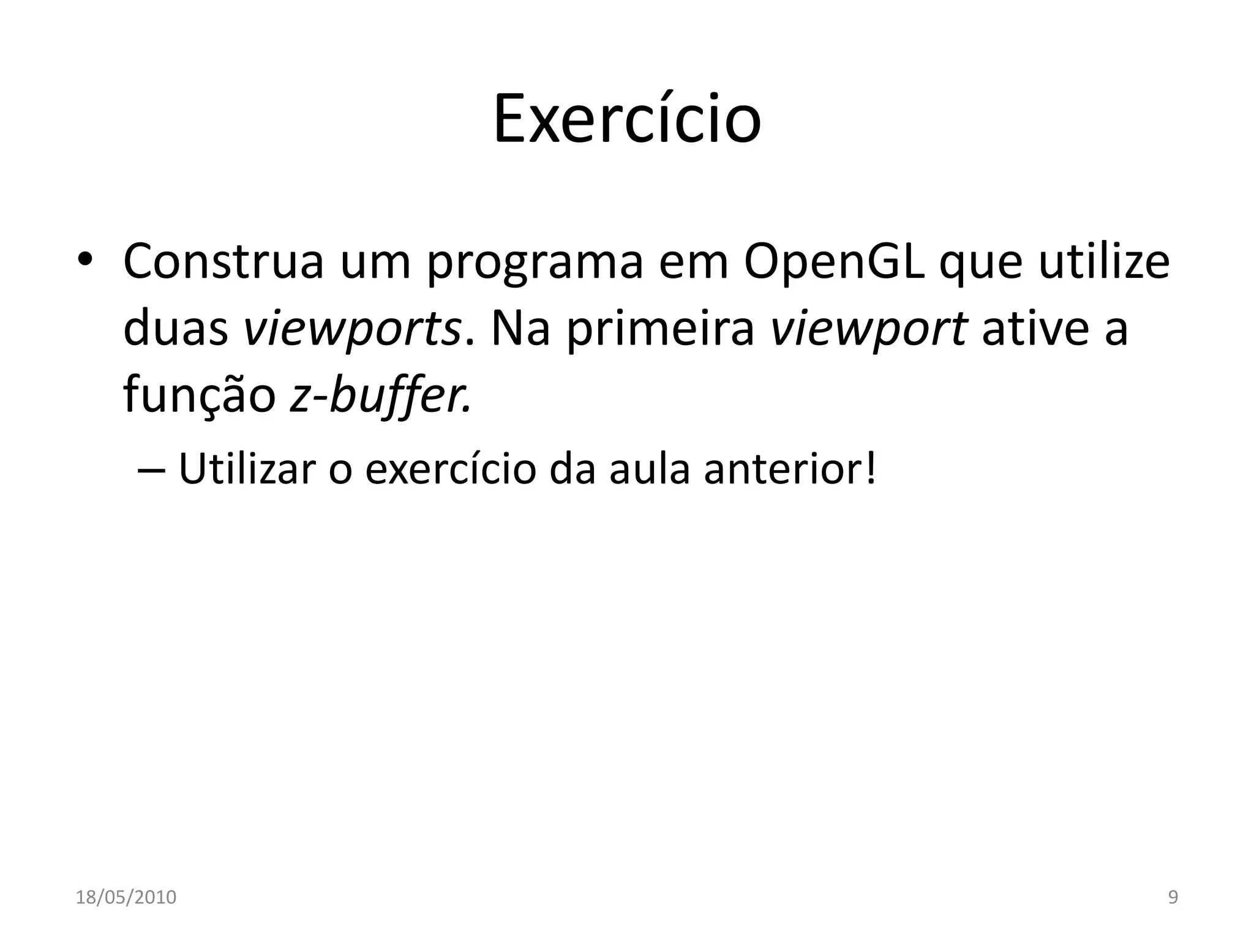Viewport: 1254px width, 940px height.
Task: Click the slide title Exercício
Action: [x=627, y=119]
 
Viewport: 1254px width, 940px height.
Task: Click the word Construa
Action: [x=223, y=262]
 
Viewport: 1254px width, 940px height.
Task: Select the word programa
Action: [x=535, y=264]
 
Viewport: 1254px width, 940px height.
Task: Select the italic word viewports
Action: [x=352, y=330]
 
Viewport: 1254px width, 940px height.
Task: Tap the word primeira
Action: [x=660, y=330]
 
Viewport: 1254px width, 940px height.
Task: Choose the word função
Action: [x=200, y=397]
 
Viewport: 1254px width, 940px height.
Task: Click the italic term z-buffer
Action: [x=380, y=397]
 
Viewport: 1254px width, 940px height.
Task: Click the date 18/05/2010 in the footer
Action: [x=126, y=897]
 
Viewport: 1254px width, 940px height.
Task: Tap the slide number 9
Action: [x=1173, y=897]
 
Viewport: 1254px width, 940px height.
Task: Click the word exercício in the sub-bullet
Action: [x=451, y=469]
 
